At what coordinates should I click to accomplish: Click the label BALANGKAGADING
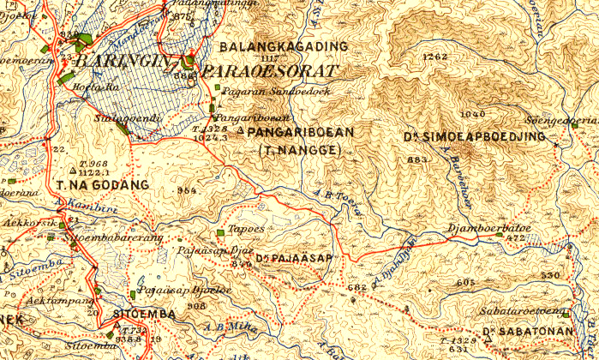(x=284, y=46)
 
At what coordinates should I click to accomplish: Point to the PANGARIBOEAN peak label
(x=300, y=133)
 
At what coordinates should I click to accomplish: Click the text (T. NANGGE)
(x=299, y=150)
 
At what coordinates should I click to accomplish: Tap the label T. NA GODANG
(x=102, y=184)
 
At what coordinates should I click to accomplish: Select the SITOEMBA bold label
(x=144, y=314)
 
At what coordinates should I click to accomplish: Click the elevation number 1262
(x=435, y=57)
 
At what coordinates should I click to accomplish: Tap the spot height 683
(x=417, y=159)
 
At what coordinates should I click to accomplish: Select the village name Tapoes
(x=246, y=231)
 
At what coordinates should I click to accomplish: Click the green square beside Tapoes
(x=221, y=231)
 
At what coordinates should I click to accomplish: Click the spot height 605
(x=465, y=282)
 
